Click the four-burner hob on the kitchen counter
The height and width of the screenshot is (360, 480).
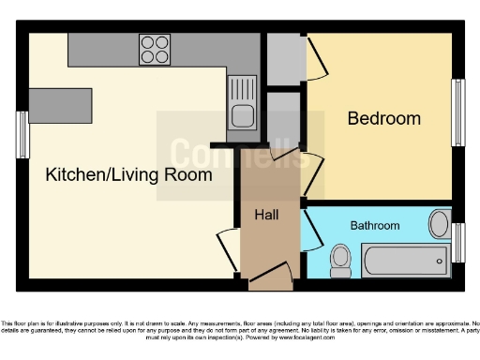155,49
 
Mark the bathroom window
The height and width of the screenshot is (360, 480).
458,243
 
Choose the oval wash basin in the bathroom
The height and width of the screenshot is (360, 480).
439,224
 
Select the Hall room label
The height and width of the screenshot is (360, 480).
266,215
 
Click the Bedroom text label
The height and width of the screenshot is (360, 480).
383,119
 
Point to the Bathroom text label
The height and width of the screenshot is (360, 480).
375,226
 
